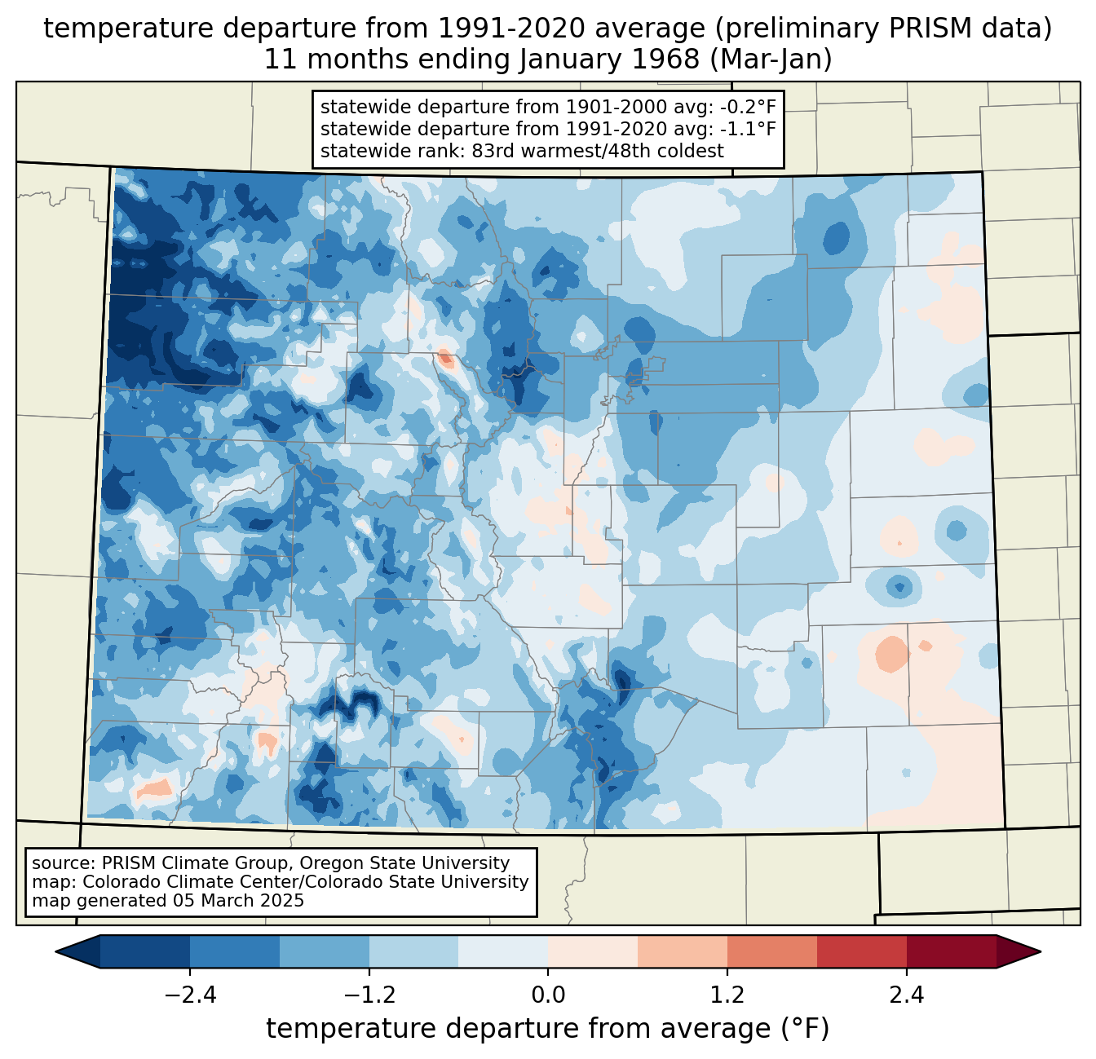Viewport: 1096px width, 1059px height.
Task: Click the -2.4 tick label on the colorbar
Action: click(x=190, y=995)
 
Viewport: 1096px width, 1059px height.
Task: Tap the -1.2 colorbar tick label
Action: click(x=369, y=995)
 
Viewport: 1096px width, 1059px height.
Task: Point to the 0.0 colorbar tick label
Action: click(x=548, y=995)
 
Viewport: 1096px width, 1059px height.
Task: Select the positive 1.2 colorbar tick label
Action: click(x=727, y=995)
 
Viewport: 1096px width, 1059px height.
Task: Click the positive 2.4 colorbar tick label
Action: click(x=906, y=995)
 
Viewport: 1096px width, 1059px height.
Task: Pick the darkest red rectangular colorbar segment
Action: click(x=951, y=951)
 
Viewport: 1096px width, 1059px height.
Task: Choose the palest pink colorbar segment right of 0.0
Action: click(x=593, y=951)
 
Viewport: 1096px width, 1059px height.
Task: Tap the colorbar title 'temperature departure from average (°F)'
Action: click(x=547, y=1029)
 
